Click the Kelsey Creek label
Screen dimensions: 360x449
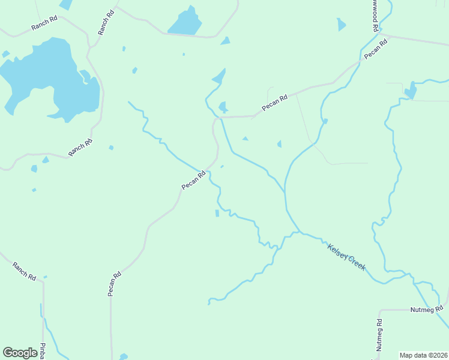(x=346, y=256)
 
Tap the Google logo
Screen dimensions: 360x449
(x=20, y=353)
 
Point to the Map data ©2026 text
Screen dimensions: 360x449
(x=423, y=355)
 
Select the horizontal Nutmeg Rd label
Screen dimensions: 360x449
(x=426, y=310)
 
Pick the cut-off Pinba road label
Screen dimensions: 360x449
(x=43, y=352)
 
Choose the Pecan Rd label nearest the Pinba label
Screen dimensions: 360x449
(x=114, y=284)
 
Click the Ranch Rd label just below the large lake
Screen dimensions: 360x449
(x=80, y=147)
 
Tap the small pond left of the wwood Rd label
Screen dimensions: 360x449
(x=341, y=25)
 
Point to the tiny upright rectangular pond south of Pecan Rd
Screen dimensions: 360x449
(x=217, y=213)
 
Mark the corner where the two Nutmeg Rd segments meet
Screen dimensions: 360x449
(x=379, y=311)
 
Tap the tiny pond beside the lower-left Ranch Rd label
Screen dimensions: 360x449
(x=45, y=277)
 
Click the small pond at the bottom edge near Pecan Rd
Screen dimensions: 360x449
(x=123, y=356)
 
